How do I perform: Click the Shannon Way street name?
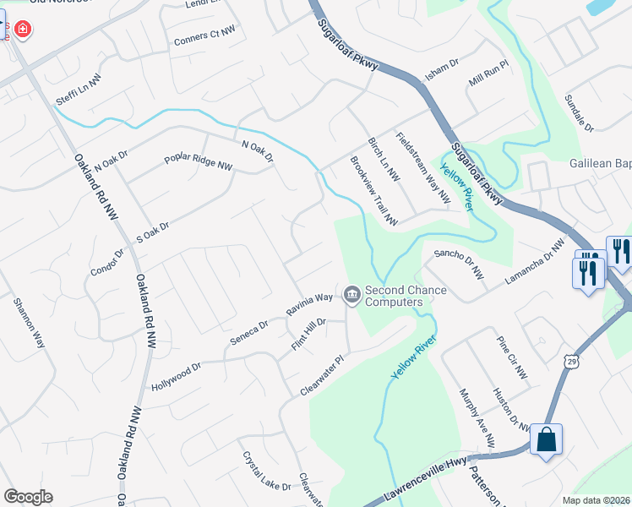[28, 323]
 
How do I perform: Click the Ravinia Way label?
[309, 305]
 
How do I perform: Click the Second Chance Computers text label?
[405, 296]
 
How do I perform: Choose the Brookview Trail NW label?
[373, 191]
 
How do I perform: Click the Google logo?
[28, 497]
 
